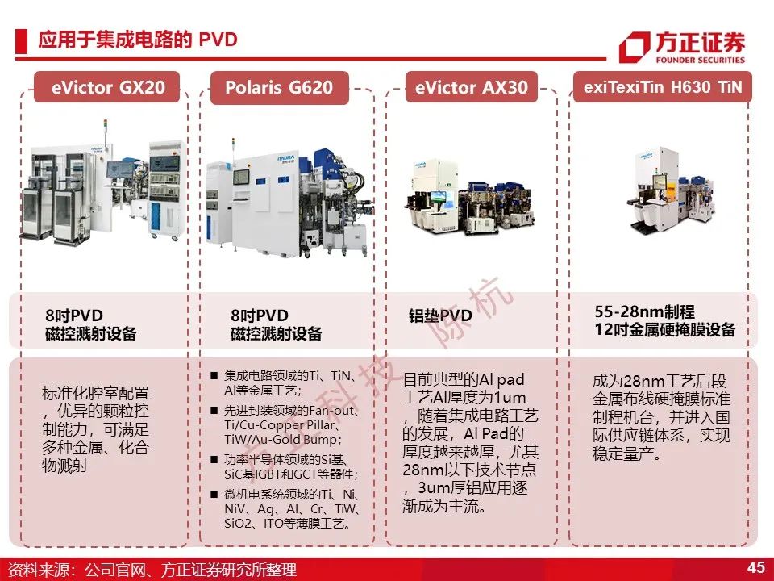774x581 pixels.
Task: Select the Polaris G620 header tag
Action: tap(280, 87)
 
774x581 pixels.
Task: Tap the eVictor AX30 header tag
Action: tap(472, 87)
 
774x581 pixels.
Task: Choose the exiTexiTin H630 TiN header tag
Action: tap(663, 87)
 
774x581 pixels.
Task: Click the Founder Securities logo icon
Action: tap(635, 48)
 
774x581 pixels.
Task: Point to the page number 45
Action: tap(755, 567)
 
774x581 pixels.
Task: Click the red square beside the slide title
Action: tap(21, 41)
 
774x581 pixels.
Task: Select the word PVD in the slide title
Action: tap(218, 40)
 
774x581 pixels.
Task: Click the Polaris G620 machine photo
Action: tap(287, 203)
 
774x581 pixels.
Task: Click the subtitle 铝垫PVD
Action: tap(440, 316)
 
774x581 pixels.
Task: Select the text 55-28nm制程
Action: tap(645, 311)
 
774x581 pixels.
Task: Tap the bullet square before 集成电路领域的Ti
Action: tap(214, 376)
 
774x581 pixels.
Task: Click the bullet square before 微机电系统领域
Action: tap(214, 494)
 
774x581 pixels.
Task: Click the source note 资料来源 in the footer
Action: tap(42, 570)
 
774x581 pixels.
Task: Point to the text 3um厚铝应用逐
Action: tap(473, 488)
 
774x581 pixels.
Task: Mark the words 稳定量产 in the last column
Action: tap(623, 453)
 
